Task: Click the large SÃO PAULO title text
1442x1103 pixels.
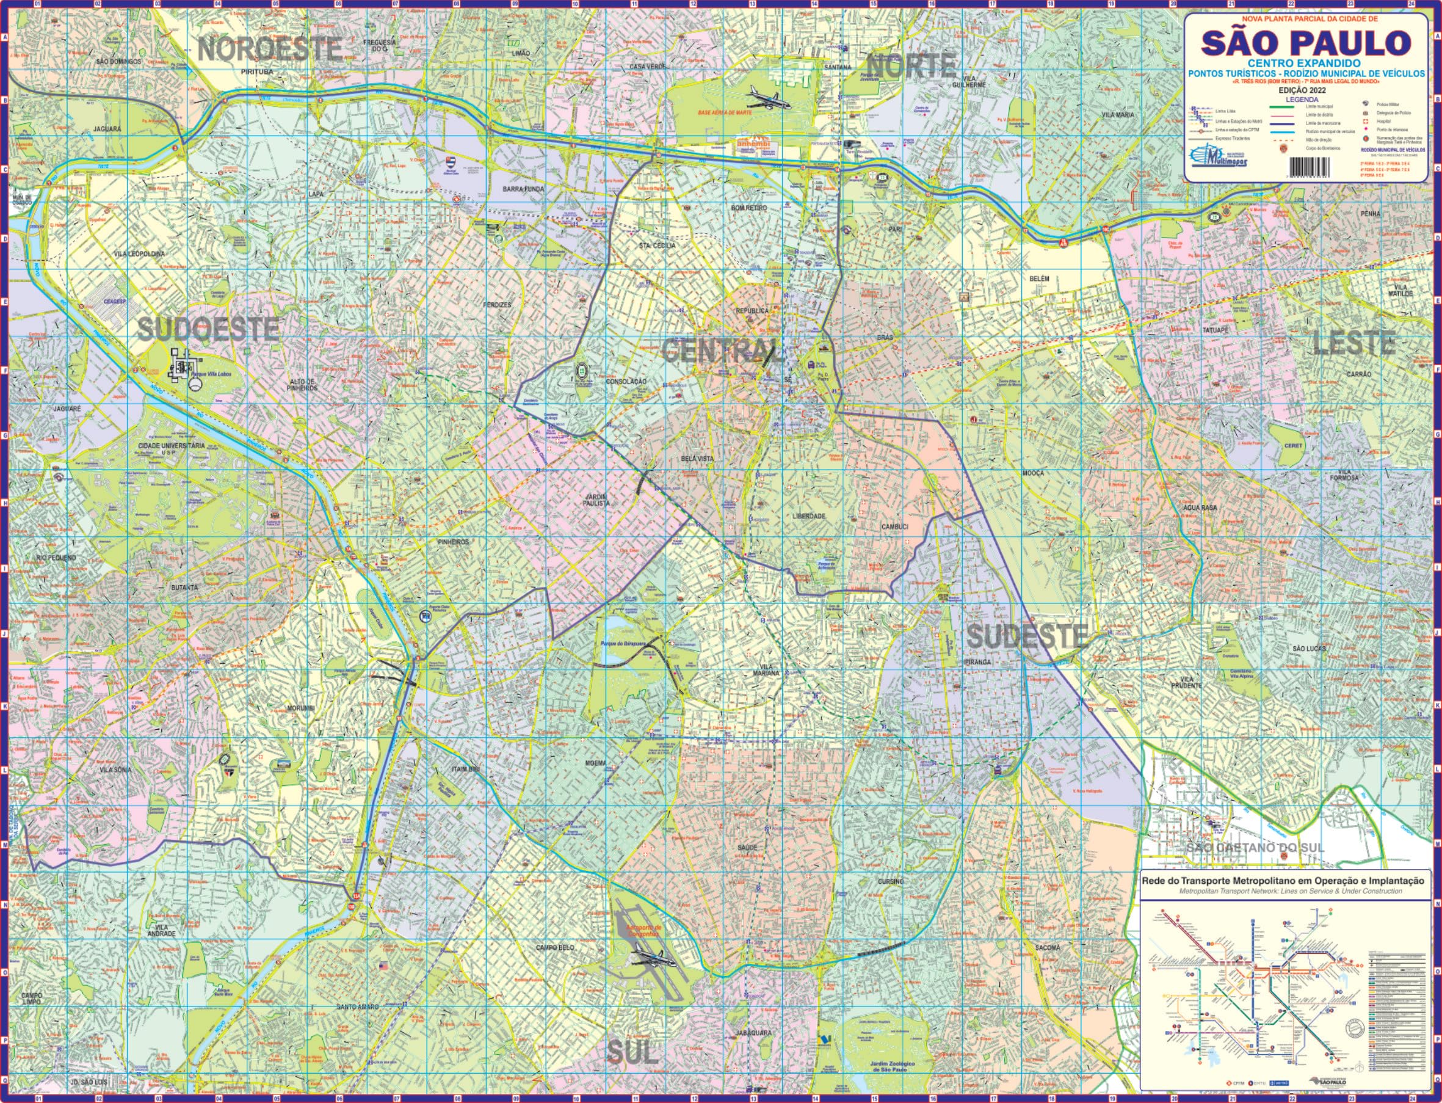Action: click(1305, 43)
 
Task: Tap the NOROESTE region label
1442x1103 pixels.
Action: click(270, 49)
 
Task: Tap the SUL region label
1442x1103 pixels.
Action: click(631, 1052)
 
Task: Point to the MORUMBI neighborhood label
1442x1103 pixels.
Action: click(301, 708)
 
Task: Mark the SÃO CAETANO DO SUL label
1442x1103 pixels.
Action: click(1255, 848)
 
